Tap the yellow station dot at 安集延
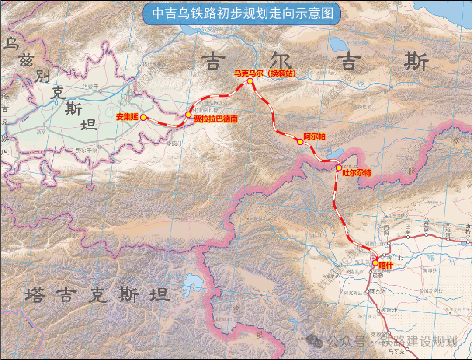tap(143, 117)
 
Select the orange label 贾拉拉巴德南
tap(216, 119)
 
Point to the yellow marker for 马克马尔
tap(250, 81)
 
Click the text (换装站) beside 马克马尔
tap(282, 73)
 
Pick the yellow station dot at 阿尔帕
tap(300, 142)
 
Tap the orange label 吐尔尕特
tap(357, 173)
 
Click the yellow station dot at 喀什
tap(375, 263)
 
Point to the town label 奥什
tap(177, 143)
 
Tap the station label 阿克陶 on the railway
tap(378, 291)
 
